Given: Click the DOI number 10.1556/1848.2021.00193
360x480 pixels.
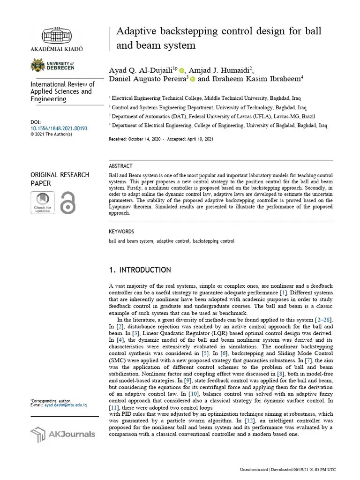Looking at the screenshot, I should pos(59,128).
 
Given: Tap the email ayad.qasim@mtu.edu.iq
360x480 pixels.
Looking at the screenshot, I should pos(65,405).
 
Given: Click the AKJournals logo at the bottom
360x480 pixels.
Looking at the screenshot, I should pos(62,434).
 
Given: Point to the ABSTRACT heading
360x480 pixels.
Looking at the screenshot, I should pos(120,166).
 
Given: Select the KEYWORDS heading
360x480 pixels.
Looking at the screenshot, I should pos(121,232).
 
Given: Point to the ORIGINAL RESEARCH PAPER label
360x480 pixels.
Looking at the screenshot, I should pos(60,179).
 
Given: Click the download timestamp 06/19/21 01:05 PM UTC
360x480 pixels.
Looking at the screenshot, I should pos(310,469).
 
